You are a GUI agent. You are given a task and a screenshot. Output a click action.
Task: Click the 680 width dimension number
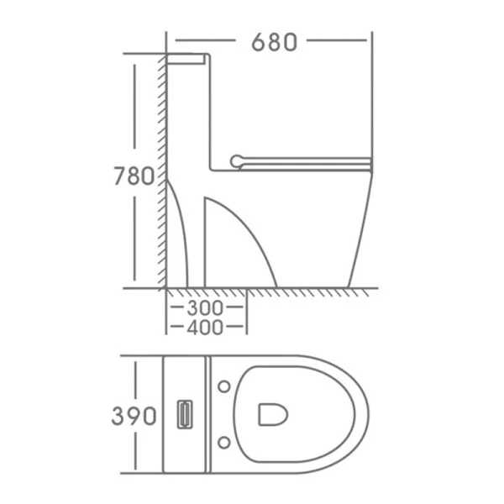(x=274, y=42)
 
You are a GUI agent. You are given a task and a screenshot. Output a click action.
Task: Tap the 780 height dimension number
(x=134, y=176)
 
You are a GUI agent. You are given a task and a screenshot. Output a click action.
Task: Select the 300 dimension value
(x=205, y=307)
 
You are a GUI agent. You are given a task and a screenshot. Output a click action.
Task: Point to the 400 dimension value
(x=205, y=328)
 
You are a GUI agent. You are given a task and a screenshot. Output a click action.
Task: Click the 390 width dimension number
(x=134, y=416)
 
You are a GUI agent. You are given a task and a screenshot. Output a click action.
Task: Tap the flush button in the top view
(x=185, y=414)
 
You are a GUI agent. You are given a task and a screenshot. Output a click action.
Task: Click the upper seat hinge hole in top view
(x=224, y=386)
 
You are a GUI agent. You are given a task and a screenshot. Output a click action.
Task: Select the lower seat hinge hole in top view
(x=224, y=443)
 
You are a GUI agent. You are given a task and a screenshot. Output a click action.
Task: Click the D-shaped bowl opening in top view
(x=273, y=415)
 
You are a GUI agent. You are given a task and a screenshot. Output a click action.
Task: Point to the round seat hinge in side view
(x=237, y=161)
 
